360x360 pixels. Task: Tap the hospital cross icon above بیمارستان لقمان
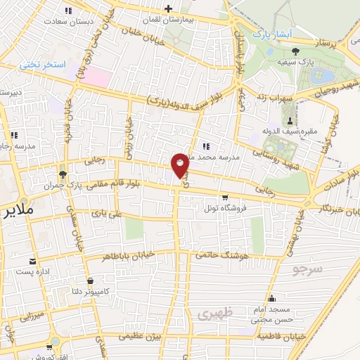click(x=167, y=8)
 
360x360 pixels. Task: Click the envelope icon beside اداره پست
click(x=32, y=261)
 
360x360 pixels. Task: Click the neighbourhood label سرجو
click(x=307, y=269)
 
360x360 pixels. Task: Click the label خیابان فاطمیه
click(x=281, y=336)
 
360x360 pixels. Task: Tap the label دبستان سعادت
click(x=67, y=20)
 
